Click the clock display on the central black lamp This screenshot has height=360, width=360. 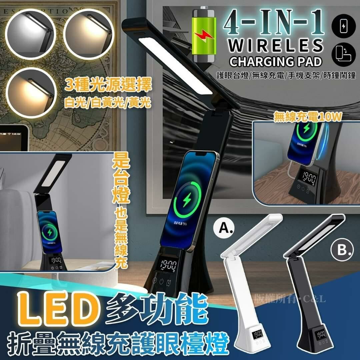(168, 266)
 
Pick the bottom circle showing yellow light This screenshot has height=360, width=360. (30, 92)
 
